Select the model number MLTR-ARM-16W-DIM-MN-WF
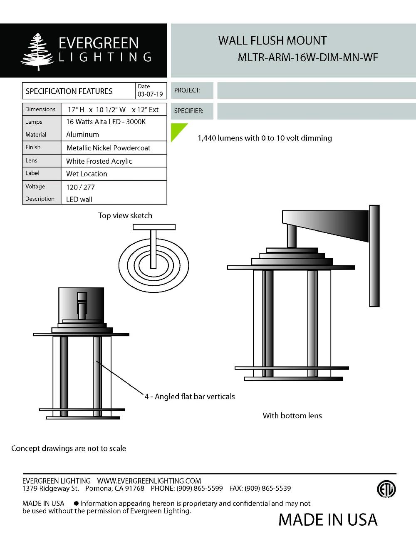click(307, 57)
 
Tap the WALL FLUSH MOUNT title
click(272, 41)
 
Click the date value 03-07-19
click(150, 94)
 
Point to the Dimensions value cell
click(113, 110)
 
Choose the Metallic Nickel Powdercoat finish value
click(108, 148)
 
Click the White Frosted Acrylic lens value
click(99, 161)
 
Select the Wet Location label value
click(87, 174)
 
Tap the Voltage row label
click(35, 187)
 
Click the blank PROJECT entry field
click(316, 90)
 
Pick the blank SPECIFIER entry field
click(316, 111)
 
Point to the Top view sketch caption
click(125, 215)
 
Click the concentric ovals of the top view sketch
click(154, 265)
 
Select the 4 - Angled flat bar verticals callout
click(190, 397)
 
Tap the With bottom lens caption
click(292, 416)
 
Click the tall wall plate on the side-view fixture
click(374, 256)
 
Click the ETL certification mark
click(386, 489)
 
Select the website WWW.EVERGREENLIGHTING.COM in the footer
click(149, 481)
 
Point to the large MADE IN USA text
click(328, 520)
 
